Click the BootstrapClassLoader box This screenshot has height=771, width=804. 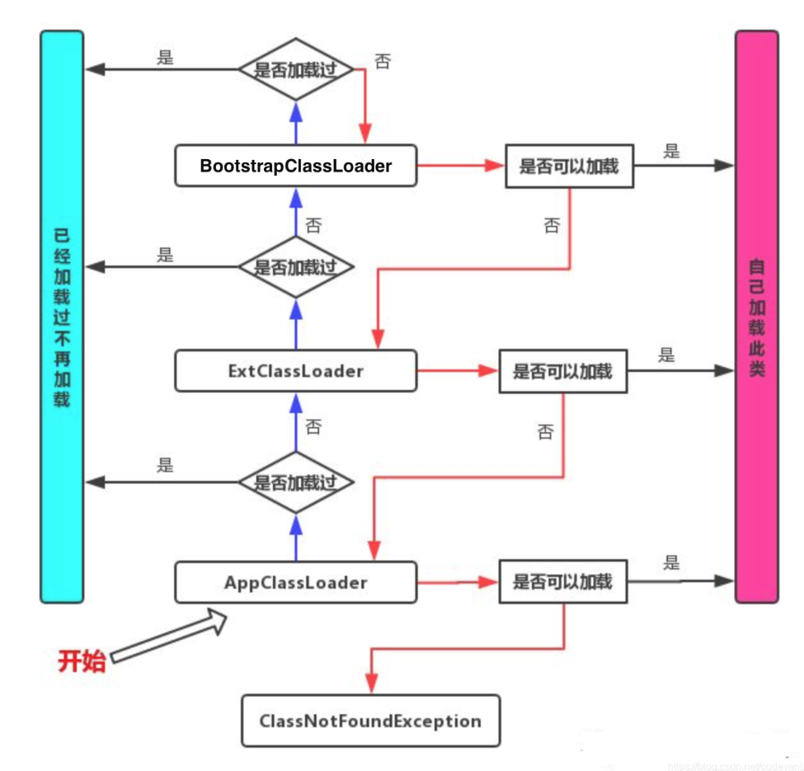tap(295, 166)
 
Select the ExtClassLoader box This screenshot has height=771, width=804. tap(295, 371)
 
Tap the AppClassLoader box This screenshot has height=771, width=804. tap(295, 582)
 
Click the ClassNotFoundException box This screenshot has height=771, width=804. tap(369, 721)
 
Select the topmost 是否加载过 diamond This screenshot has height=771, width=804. tap(295, 69)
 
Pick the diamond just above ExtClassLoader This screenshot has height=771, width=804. tap(295, 267)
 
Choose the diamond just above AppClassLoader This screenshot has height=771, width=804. tap(295, 481)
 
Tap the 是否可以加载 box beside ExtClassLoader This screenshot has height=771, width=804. tap(562, 371)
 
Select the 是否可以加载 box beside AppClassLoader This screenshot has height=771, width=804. tap(562, 582)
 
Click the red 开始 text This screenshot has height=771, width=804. tap(82, 661)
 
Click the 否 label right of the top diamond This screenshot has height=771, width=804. tap(382, 63)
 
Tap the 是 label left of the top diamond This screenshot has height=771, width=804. tap(165, 59)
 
